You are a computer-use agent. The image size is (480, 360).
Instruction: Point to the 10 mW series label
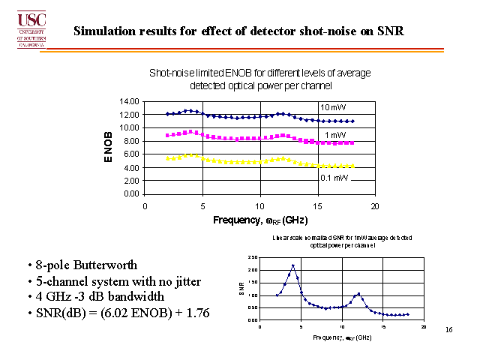[x=332, y=106]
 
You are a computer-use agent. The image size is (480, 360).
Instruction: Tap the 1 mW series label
[x=335, y=134]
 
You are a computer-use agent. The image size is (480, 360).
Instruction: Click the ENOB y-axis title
[x=108, y=148]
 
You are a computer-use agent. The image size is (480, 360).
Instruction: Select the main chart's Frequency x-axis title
[x=260, y=220]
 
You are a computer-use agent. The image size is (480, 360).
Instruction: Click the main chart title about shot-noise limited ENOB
[x=260, y=79]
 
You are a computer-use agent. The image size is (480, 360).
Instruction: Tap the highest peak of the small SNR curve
[x=293, y=265]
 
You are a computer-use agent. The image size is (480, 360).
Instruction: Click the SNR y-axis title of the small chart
[x=241, y=287]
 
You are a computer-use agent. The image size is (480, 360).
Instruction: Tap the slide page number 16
[x=448, y=329]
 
